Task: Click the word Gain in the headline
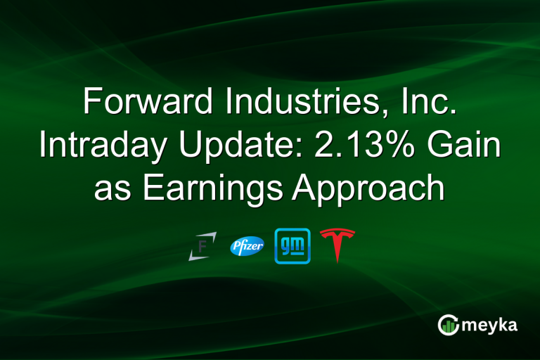pos(468,145)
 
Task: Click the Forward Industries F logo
pos(202,246)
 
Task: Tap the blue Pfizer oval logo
pos(247,246)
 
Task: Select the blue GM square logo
pos(292,246)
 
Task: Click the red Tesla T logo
pos(337,246)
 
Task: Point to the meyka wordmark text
pos(490,325)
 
